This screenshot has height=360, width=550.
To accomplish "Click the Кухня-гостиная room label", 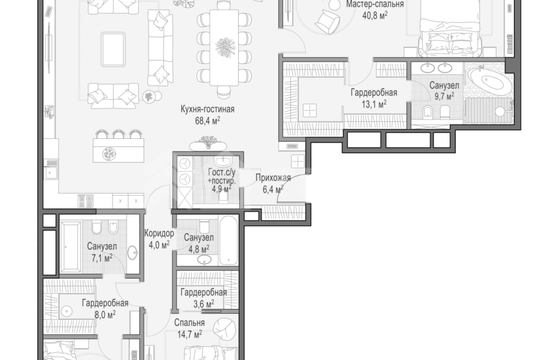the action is tap(207, 109).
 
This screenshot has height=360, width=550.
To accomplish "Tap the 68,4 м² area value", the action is tap(207, 121).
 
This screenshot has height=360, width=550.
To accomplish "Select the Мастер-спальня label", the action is tap(375, 4).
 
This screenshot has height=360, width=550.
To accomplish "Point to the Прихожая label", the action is tap(273, 178).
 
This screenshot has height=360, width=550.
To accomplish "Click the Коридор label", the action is tap(159, 233).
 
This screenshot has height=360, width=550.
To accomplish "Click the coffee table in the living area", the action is tap(113, 49).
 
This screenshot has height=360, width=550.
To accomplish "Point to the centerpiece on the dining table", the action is tap(225, 48).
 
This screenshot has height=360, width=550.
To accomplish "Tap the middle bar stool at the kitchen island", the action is tap(118, 134).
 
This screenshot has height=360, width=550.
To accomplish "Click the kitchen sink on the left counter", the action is tap(51, 173).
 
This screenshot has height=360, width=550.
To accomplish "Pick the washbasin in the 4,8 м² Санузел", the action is tap(204, 260).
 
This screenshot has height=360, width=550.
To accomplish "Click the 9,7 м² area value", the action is tap(444, 96).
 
